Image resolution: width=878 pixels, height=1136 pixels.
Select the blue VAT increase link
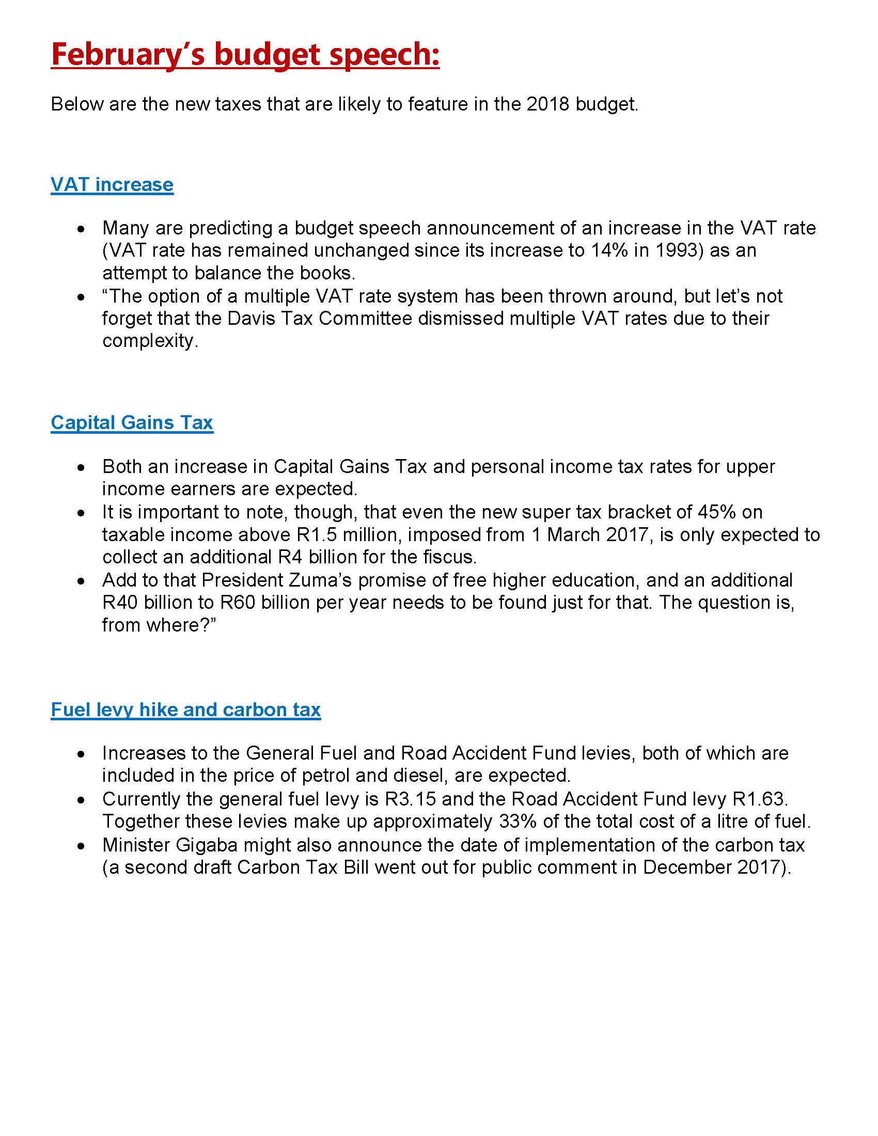(x=112, y=185)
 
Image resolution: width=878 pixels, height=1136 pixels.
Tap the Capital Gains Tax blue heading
(x=132, y=422)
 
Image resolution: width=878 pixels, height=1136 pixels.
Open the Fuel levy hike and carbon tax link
(x=186, y=709)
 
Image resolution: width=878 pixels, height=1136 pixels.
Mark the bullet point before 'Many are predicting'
(x=81, y=229)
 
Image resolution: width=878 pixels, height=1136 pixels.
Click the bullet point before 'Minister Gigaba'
(x=81, y=846)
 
